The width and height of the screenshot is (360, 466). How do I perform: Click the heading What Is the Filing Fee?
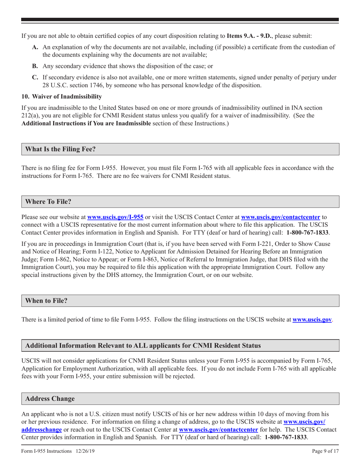(60, 149)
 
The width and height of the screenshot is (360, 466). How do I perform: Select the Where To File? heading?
(48, 202)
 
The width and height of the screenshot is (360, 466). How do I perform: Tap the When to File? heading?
(47, 300)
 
